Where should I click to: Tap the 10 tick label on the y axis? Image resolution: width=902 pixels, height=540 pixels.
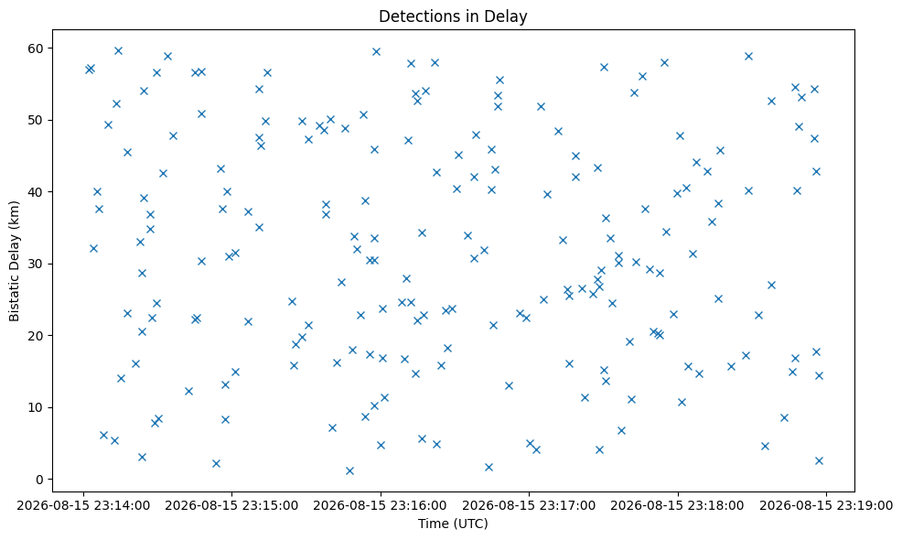point(37,407)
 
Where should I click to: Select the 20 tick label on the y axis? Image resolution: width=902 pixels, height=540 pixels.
point(37,336)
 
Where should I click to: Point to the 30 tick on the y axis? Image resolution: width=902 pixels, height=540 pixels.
point(37,264)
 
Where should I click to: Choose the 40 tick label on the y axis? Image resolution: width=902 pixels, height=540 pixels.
point(37,191)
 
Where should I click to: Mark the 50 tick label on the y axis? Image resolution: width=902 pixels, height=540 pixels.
point(37,120)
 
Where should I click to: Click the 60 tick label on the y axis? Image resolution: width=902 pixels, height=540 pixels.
point(37,49)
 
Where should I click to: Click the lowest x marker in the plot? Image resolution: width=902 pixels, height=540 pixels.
point(349,471)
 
